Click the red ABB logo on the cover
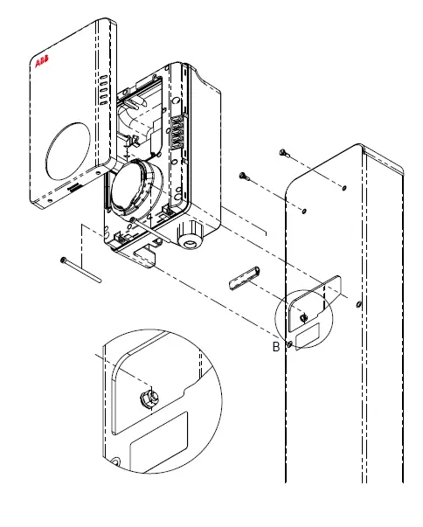tap(41, 64)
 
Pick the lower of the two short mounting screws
tap(246, 178)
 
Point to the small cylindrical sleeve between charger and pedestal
tap(243, 280)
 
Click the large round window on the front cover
tap(67, 152)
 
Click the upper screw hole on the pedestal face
tap(345, 187)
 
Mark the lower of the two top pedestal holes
tap(303, 211)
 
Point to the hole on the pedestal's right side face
tap(359, 303)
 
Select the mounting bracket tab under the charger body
tap(142, 255)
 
